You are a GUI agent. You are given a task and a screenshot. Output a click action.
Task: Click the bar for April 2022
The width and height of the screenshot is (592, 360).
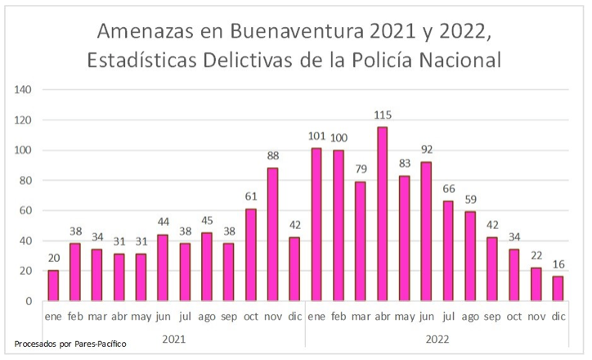point(382,214)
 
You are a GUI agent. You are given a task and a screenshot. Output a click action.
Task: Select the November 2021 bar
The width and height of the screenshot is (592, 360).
point(273,234)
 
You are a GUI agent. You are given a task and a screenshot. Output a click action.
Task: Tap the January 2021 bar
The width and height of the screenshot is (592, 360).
point(53,286)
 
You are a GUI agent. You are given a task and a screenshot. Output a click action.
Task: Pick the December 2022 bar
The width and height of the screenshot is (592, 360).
point(558,288)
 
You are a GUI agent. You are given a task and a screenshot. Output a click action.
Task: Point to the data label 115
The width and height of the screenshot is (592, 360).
point(382,116)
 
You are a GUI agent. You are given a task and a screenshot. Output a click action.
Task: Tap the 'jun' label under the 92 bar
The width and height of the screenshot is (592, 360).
point(425,316)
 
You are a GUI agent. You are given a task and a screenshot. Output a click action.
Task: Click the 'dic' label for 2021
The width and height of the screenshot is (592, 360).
point(294,316)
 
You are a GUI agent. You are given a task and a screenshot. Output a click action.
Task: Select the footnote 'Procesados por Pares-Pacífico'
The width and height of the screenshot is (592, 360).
point(70,344)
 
